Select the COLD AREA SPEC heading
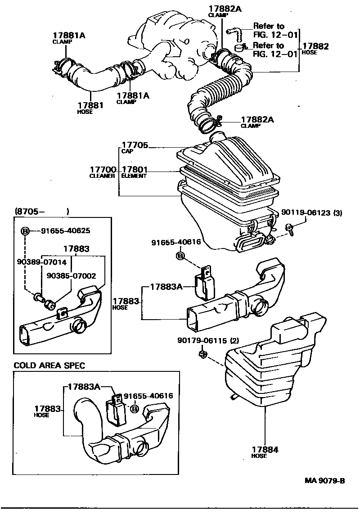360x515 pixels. click(49, 366)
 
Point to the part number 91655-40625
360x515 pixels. click(65, 231)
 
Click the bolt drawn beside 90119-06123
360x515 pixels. click(290, 229)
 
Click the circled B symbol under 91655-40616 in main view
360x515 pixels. click(180, 256)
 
